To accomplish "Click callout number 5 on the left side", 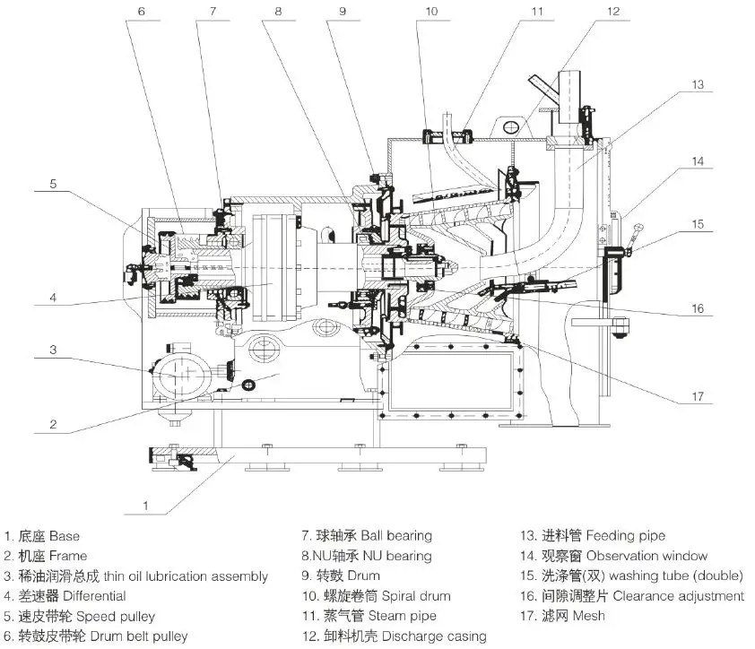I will tap(53, 185).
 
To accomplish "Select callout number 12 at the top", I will tap(612, 12).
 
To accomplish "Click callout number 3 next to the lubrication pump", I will tap(53, 350).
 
